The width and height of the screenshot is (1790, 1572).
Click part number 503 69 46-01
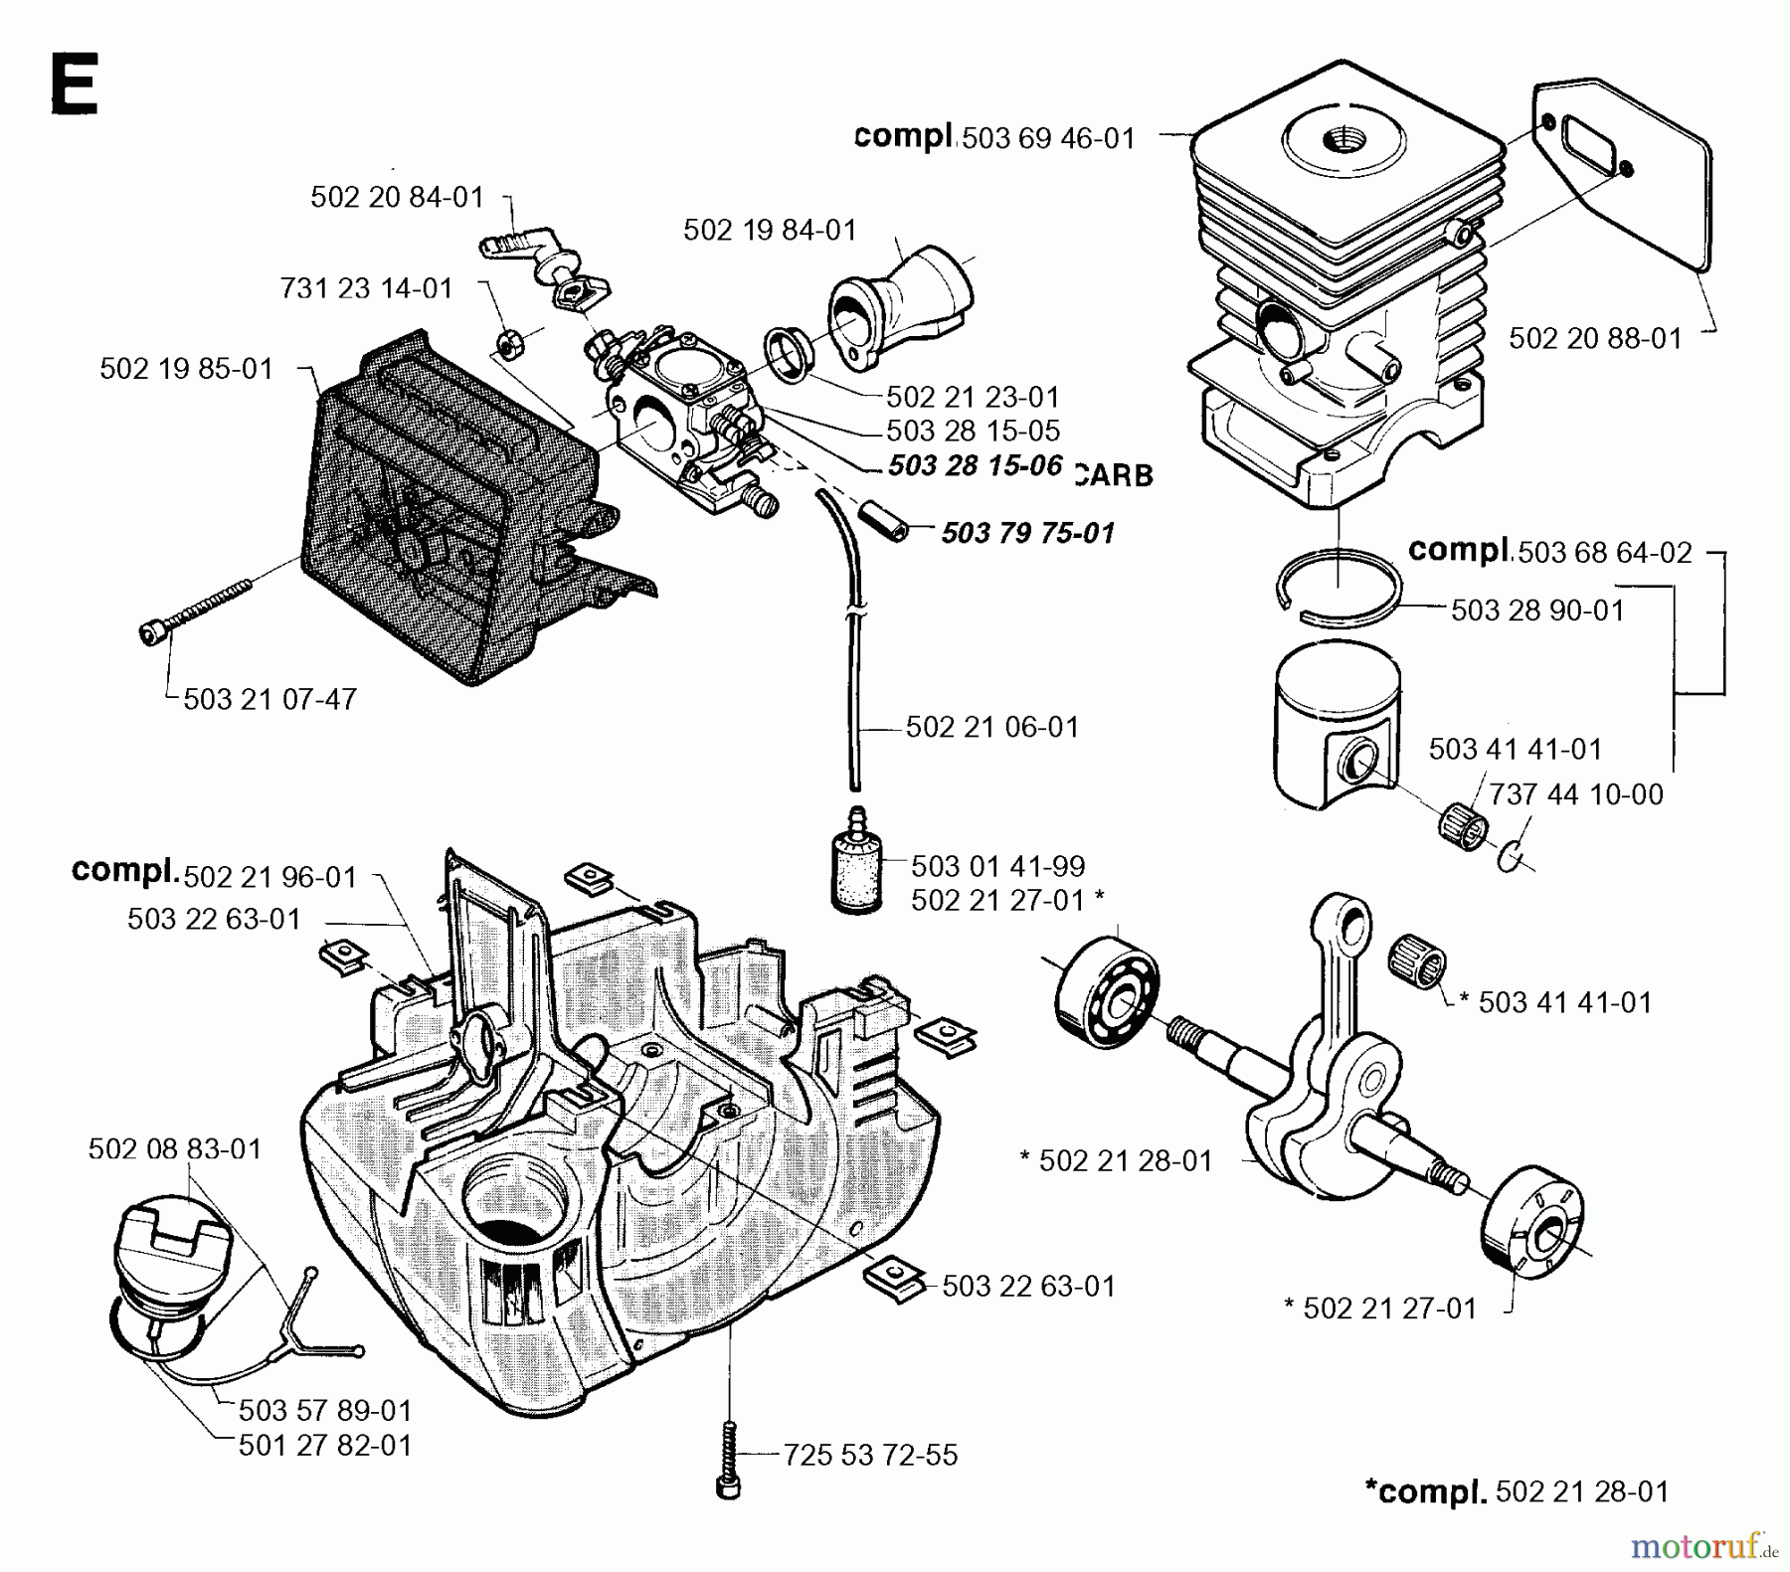pyautogui.click(x=1048, y=138)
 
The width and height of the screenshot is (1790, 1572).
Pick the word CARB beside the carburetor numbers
pyautogui.click(x=1114, y=475)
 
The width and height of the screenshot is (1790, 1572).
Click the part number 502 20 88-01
pyautogui.click(x=1595, y=338)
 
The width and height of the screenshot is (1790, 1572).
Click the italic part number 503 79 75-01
pyautogui.click(x=1027, y=533)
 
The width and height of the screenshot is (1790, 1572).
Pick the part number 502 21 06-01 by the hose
pyautogui.click(x=991, y=727)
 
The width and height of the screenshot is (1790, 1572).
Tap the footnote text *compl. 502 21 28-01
pyautogui.click(x=1517, y=1491)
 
